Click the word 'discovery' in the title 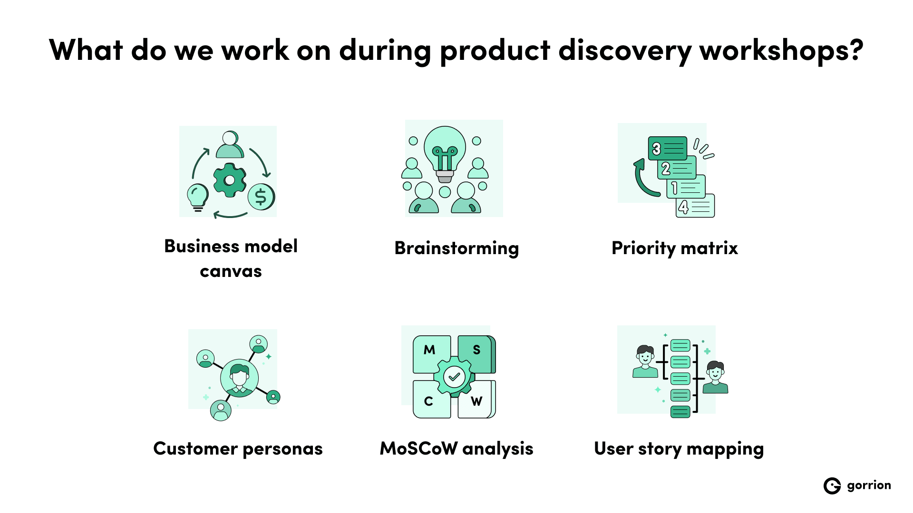coord(624,50)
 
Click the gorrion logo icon coord(832,485)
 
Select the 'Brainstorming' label coord(456,248)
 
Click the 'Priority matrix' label coord(674,248)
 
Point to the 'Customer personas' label coord(238,448)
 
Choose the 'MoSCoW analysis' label coord(456,448)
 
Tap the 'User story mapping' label coord(679,448)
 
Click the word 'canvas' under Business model coord(231,271)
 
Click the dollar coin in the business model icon coord(261,197)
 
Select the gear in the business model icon coord(230,180)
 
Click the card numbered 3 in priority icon coord(668,149)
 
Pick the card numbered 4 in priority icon coord(695,206)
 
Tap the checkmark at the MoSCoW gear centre coord(454,377)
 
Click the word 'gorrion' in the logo coord(869,485)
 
